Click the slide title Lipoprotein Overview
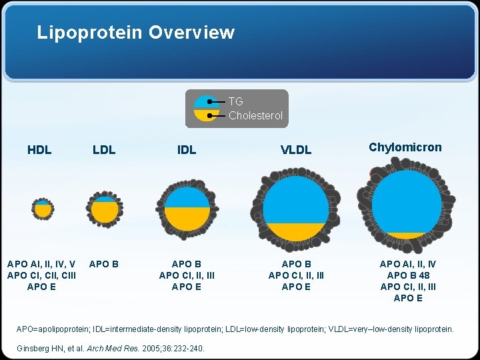(x=135, y=32)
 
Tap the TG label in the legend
(x=235, y=101)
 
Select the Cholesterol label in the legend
(x=255, y=115)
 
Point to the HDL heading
(x=39, y=150)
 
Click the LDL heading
(x=104, y=150)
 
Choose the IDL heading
(x=187, y=150)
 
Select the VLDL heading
(x=296, y=150)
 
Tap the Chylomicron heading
(x=405, y=147)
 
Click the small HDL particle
(x=43, y=209)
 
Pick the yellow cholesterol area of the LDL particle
(x=104, y=212)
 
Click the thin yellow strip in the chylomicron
(x=406, y=235)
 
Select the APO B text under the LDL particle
(x=104, y=264)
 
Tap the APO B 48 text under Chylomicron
(x=408, y=275)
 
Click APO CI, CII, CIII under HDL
(x=41, y=275)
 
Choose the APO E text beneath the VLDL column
(x=296, y=287)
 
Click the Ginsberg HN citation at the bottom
(x=109, y=348)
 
